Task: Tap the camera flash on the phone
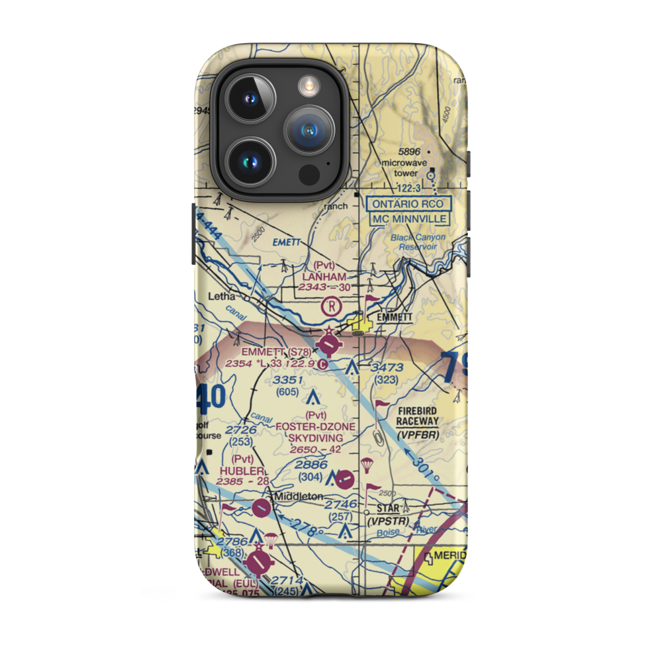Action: [308, 84]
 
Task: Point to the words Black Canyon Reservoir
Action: [418, 242]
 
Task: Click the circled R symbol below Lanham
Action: [330, 306]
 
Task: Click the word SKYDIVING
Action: [316, 438]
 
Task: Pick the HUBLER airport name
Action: [234, 470]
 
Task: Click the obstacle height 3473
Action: [387, 367]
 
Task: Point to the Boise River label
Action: [397, 530]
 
